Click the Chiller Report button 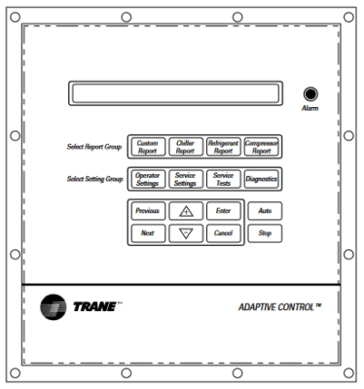click(184, 148)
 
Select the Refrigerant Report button click(223, 148)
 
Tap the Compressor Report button click(262, 148)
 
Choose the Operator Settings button click(147, 179)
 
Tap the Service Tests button click(223, 179)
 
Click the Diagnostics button click(262, 179)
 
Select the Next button click(147, 233)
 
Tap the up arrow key click(185, 210)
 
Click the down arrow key click(185, 233)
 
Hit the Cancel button click(223, 233)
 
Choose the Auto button click(264, 210)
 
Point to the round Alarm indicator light click(311, 94)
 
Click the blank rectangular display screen click(176, 94)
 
